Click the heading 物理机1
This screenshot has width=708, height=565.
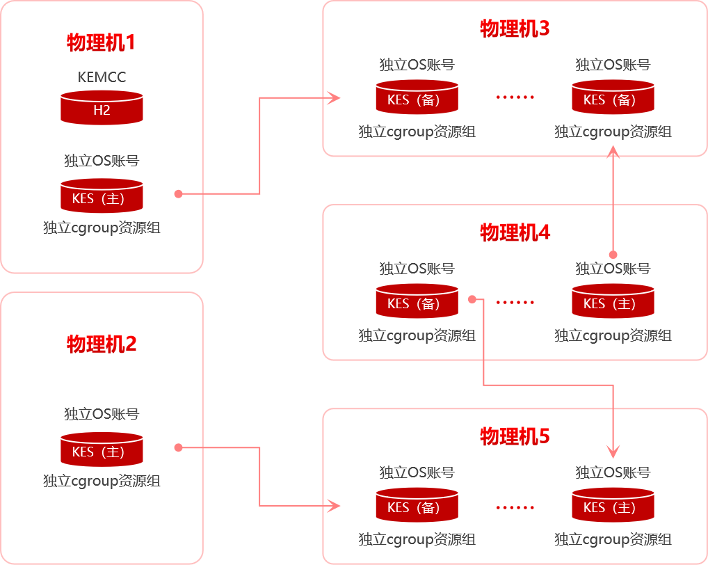[102, 42]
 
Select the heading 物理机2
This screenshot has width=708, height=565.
[102, 344]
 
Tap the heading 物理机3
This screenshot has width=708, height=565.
[515, 29]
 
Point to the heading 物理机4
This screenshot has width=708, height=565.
[515, 232]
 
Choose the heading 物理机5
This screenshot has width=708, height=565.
[515, 436]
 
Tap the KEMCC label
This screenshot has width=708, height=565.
[102, 77]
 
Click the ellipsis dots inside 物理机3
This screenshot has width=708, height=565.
[515, 97]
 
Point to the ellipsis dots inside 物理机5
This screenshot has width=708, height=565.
[515, 507]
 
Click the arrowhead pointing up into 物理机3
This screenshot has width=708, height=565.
[613, 152]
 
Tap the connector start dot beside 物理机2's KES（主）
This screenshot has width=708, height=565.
[178, 447]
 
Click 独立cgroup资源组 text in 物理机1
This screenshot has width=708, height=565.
[102, 228]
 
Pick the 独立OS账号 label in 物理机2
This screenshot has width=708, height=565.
[102, 414]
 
